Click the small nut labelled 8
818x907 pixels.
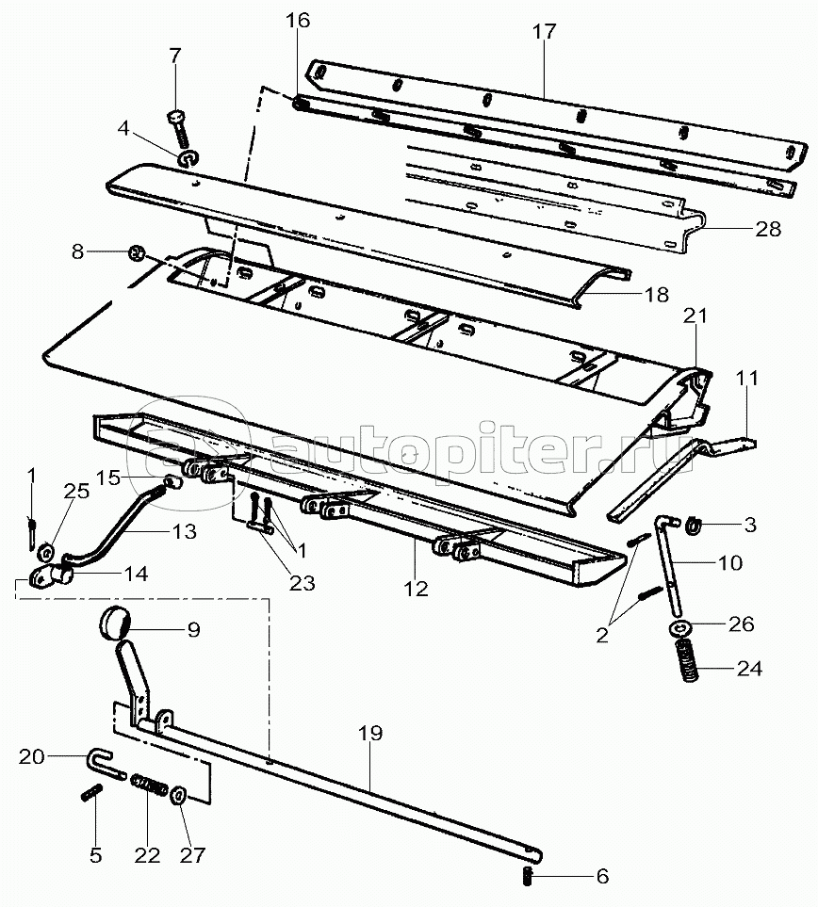[135, 252]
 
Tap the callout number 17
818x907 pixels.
[544, 32]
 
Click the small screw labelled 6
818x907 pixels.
[528, 878]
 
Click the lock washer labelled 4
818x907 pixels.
[187, 155]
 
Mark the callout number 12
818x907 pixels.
[416, 589]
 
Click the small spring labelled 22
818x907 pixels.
[152, 785]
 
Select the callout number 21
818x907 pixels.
[695, 317]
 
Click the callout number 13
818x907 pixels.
[184, 531]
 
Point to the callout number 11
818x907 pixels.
[747, 380]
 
